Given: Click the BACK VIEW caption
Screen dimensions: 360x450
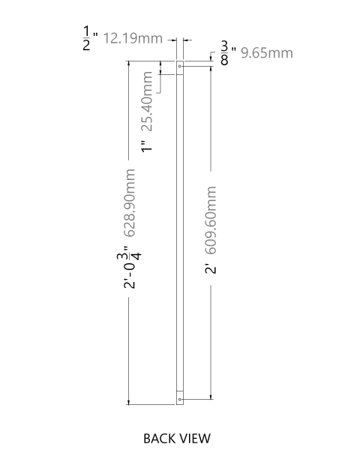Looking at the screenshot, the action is tap(177, 439).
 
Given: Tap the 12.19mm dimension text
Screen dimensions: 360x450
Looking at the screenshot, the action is tap(133, 38).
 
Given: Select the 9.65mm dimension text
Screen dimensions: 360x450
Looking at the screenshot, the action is tap(267, 53).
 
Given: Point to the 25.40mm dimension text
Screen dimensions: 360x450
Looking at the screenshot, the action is tap(147, 101).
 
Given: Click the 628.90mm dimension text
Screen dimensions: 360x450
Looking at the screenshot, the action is tap(130, 203).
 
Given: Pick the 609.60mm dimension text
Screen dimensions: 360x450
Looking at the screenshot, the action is tap(211, 220).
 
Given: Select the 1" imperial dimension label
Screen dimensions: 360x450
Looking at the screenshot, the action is tap(147, 146).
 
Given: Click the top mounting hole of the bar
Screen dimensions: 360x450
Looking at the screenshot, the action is tap(180, 66).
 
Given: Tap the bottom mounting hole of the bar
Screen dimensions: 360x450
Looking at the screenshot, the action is tap(180, 399).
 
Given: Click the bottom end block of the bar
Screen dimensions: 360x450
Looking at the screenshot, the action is tap(180, 397).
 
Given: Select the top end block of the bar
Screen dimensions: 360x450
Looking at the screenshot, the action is tap(180, 67).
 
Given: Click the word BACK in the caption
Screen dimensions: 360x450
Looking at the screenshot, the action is tap(160, 439).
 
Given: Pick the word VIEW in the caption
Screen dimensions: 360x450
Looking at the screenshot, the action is tap(196, 439).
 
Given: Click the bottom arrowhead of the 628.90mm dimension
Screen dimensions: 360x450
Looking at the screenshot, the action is tap(128, 402).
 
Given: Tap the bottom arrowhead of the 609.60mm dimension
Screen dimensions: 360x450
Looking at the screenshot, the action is tap(211, 396).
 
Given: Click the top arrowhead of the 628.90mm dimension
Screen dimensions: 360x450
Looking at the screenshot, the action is tap(128, 64).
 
